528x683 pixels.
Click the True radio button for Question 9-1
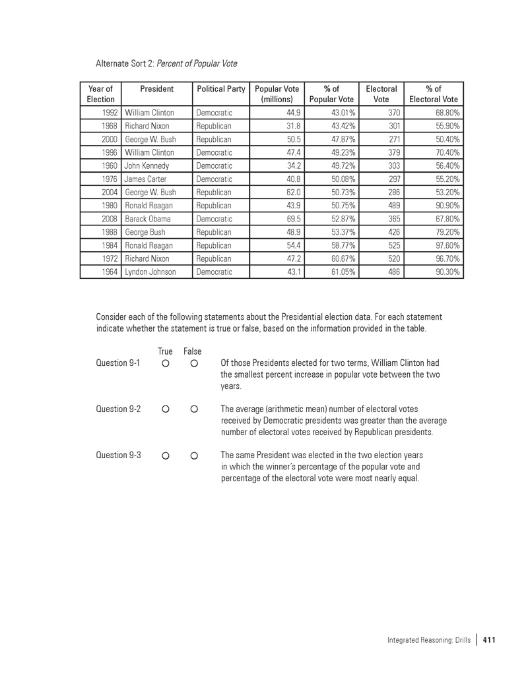point(166,363)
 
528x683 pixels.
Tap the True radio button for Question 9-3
point(166,455)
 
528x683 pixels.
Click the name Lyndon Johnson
point(150,272)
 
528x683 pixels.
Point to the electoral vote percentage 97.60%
point(444,245)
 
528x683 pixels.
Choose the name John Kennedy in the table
point(147,166)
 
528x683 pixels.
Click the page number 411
point(489,639)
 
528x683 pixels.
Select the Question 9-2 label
point(118,409)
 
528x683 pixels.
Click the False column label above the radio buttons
point(193,352)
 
